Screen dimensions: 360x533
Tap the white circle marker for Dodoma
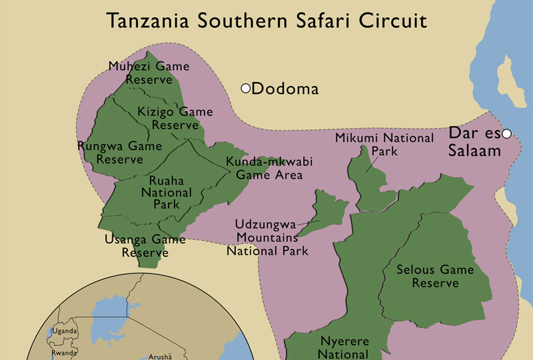tap(245, 88)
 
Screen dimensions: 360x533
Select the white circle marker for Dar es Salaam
tap(506, 134)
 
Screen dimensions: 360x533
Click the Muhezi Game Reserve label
tap(149, 73)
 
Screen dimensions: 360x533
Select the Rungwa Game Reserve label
tap(120, 152)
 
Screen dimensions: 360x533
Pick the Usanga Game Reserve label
tap(145, 245)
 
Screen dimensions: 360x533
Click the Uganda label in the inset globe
tap(65, 331)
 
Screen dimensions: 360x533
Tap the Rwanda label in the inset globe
tap(65, 353)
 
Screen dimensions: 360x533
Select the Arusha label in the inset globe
tap(160, 356)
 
